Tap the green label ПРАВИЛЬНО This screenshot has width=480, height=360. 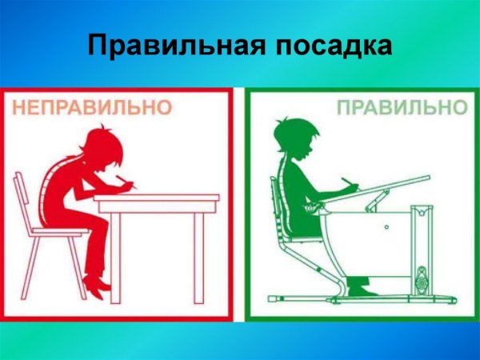[401, 107]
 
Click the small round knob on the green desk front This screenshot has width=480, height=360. [386, 227]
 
